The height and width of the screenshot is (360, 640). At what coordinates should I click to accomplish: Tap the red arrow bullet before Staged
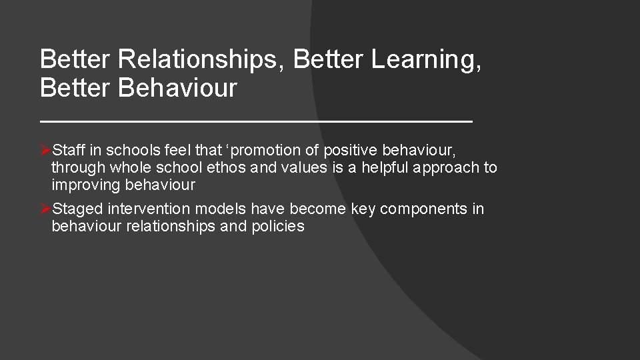click(45, 209)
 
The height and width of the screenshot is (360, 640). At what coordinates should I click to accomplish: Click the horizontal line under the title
click(256, 121)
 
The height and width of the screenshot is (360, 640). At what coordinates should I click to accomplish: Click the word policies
click(278, 227)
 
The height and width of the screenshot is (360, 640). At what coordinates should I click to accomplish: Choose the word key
click(363, 209)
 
